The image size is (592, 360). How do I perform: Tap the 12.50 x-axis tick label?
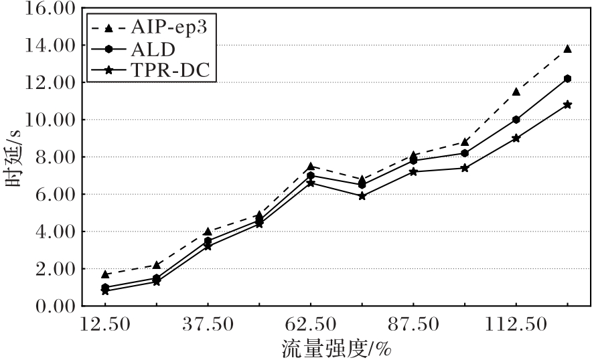click(105, 325)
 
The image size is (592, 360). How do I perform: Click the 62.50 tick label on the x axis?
click(310, 325)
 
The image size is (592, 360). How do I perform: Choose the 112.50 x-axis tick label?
click(516, 325)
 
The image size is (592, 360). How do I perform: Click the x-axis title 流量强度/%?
click(336, 349)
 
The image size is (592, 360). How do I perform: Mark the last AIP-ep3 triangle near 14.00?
click(567, 49)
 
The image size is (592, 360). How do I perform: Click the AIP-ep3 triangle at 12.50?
click(105, 274)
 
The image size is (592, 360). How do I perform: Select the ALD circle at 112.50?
click(516, 120)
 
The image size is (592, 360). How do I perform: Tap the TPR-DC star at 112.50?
click(516, 139)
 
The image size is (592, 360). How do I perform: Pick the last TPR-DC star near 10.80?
click(567, 105)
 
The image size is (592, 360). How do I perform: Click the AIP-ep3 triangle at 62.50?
click(310, 166)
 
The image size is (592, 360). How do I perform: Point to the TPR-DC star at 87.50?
click(413, 172)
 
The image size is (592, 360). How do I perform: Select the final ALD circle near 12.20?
click(567, 79)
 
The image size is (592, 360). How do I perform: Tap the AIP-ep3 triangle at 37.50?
click(208, 232)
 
